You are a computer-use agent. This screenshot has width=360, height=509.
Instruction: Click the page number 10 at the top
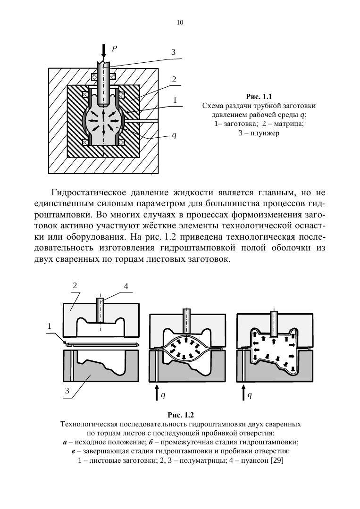[x=180, y=22]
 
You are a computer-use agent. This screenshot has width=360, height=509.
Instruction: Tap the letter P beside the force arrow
[x=114, y=48]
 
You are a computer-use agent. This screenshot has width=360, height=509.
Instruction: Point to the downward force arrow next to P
[x=104, y=50]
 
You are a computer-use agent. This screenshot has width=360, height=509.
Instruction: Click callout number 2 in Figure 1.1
[x=174, y=79]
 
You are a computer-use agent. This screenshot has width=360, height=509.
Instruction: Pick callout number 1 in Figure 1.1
[x=174, y=100]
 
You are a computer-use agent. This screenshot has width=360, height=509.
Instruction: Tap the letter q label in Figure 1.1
[x=174, y=135]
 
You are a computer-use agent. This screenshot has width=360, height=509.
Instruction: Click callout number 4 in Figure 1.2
[x=126, y=286]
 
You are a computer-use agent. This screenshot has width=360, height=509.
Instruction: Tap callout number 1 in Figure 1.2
[x=49, y=326]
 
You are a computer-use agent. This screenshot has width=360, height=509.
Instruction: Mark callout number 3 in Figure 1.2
[x=67, y=391]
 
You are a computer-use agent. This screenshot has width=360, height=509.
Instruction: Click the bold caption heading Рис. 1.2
[x=181, y=415]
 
